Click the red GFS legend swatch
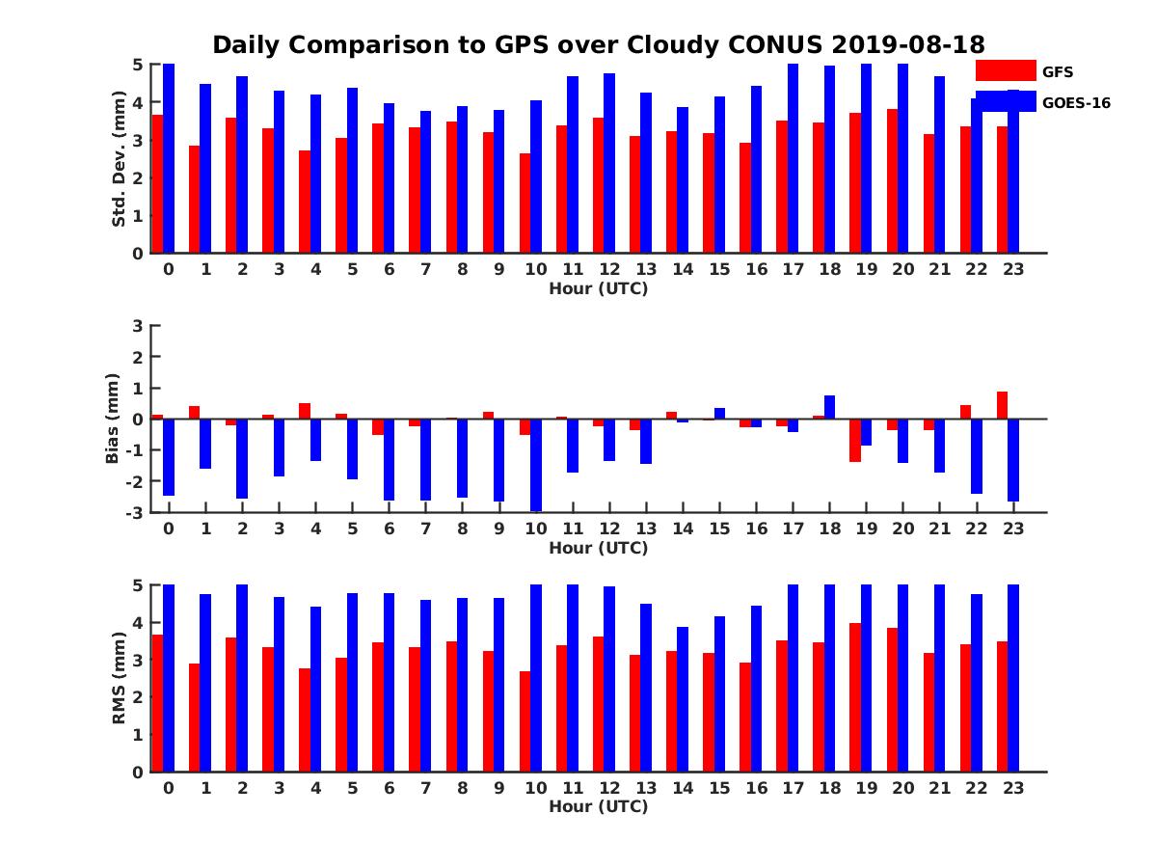(x=1006, y=70)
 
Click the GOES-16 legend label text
(x=1076, y=102)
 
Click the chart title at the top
(x=598, y=45)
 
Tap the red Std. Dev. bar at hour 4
(x=305, y=202)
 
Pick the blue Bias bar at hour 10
(x=536, y=465)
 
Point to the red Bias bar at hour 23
(x=1003, y=405)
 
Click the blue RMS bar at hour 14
(x=683, y=699)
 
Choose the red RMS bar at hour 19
(x=855, y=697)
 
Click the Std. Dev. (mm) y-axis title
(x=119, y=158)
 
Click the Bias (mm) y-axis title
(x=113, y=419)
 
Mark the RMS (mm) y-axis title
(x=119, y=678)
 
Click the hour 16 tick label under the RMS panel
(x=756, y=788)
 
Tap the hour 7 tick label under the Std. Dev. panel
(x=426, y=269)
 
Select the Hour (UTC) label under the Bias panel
(x=598, y=548)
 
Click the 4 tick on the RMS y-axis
(x=138, y=622)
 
